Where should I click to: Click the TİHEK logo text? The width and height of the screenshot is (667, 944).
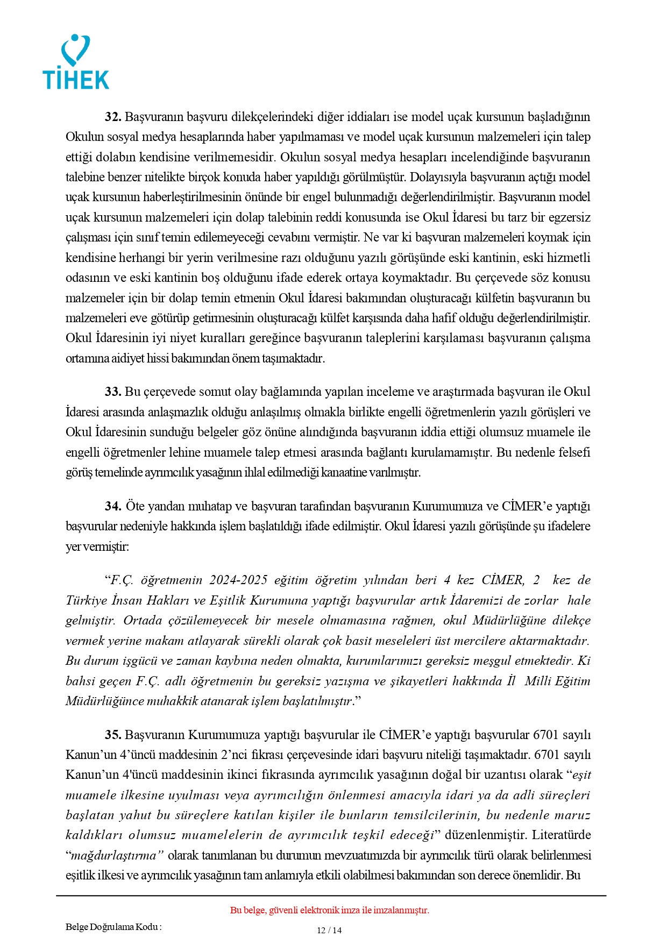point(76,80)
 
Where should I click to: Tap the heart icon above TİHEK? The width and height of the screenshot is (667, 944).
point(76,50)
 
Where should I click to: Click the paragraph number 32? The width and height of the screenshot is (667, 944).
point(113,117)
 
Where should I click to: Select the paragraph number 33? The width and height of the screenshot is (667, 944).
point(113,392)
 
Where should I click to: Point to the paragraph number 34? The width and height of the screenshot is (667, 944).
point(113,507)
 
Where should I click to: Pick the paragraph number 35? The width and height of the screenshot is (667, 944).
point(113,735)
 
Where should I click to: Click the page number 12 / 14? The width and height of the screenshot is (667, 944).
point(329,931)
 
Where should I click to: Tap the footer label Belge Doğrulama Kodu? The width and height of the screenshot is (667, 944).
point(113,927)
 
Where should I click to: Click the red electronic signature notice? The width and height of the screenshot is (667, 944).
point(329,910)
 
